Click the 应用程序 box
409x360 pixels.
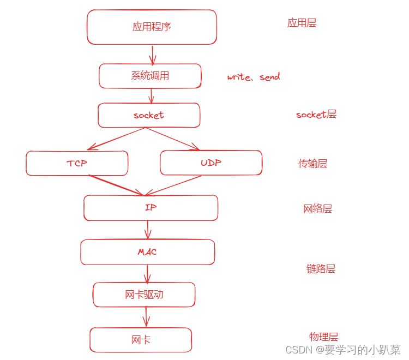[152, 27]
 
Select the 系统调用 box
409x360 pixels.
[150, 76]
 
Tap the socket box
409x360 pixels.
[149, 115]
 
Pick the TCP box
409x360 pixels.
[77, 163]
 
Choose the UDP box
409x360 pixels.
[211, 163]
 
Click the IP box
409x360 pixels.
[151, 208]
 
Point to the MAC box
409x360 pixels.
[147, 252]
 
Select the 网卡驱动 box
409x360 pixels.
[144, 295]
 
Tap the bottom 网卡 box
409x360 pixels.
[141, 340]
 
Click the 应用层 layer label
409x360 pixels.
[302, 23]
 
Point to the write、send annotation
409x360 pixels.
[254, 77]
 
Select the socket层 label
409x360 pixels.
[316, 115]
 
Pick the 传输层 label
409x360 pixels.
[312, 163]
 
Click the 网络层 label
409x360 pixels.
[317, 209]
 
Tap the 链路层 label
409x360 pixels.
[321, 268]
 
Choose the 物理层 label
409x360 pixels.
[323, 337]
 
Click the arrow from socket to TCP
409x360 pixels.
[116, 139]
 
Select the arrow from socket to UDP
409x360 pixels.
[173, 139]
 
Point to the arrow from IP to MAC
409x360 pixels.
[147, 230]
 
